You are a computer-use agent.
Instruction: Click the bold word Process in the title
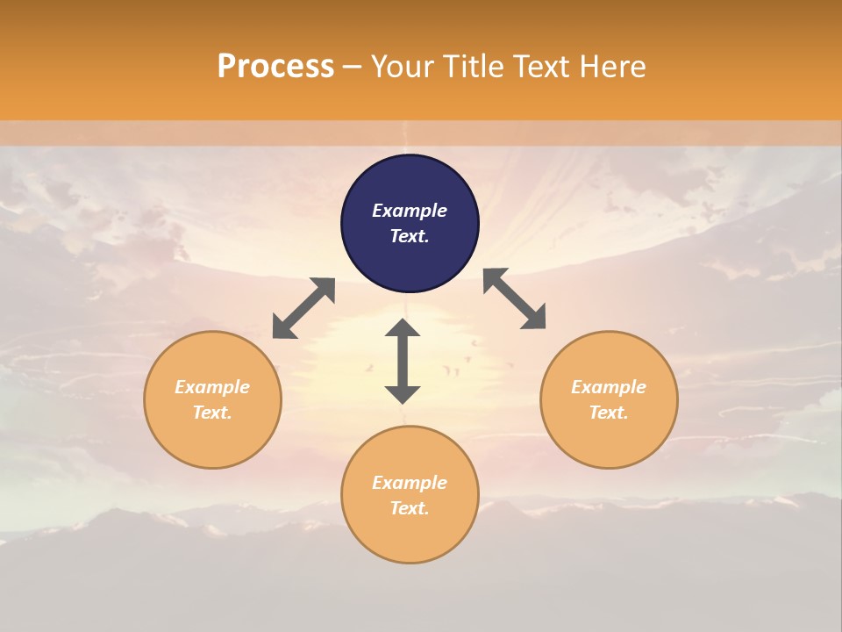(275, 67)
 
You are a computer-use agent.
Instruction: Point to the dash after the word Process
(353, 68)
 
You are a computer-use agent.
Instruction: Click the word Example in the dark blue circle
(410, 211)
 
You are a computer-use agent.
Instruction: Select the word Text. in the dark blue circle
(410, 236)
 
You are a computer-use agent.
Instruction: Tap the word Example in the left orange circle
(212, 387)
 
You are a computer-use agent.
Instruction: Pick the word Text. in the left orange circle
(212, 413)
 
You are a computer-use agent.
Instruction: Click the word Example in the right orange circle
(609, 387)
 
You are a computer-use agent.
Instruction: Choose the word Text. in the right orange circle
(609, 413)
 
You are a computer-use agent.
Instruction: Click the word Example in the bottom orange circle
(410, 483)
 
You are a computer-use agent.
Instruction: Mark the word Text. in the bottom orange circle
(410, 508)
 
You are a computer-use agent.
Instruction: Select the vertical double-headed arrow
(403, 361)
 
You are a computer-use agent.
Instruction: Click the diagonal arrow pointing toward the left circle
(303, 308)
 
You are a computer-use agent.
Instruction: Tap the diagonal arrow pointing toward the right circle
(515, 299)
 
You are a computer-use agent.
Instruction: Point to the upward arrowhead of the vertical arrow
(403, 327)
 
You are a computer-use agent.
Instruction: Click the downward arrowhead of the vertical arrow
(403, 394)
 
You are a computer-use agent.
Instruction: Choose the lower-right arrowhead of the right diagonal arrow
(535, 320)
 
